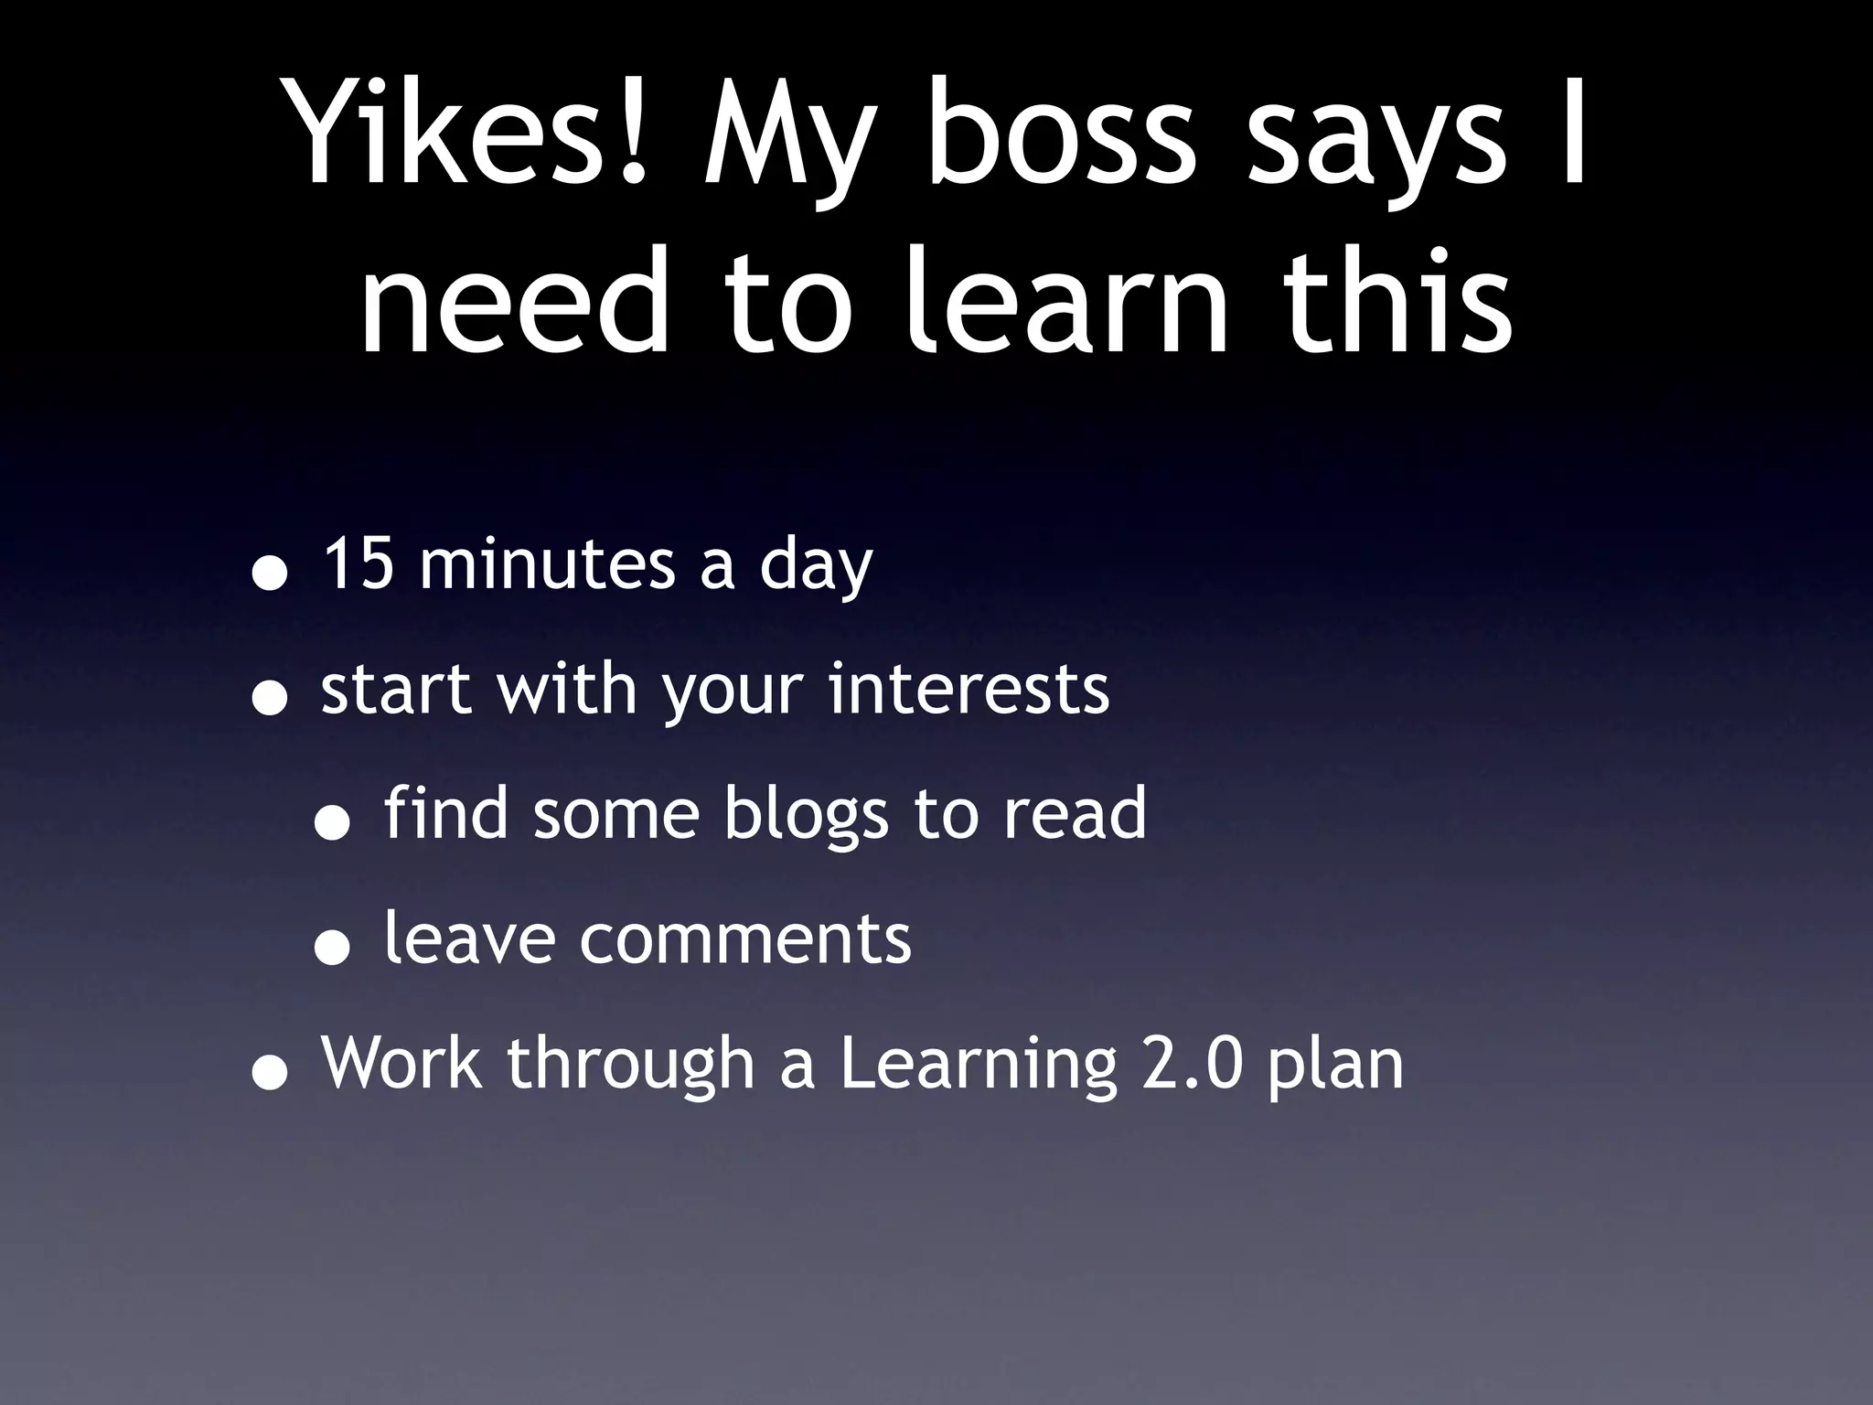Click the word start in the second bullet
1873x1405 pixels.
396,690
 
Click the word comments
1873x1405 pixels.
745,939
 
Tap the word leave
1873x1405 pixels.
469,938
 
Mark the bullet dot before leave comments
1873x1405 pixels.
331,951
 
